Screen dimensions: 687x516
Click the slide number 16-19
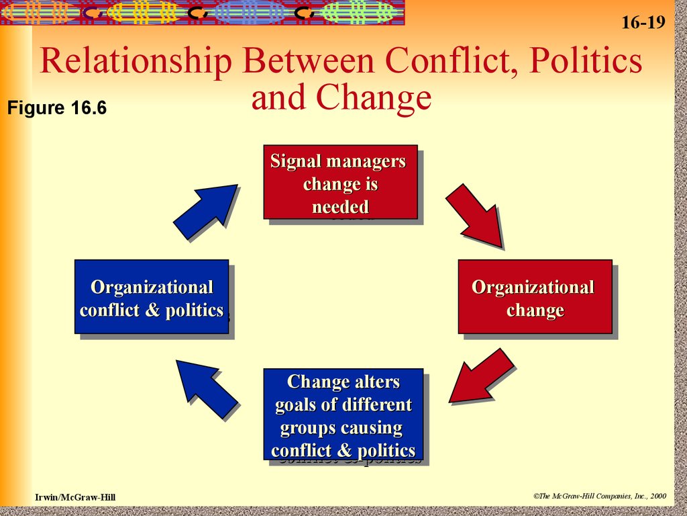click(643, 22)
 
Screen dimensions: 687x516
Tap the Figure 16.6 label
click(57, 108)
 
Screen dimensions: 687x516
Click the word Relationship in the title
click(136, 60)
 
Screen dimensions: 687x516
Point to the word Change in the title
click(374, 98)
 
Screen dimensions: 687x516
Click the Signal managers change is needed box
click(340, 182)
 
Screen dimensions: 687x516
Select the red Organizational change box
click(535, 296)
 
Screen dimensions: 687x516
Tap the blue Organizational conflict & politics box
click(152, 296)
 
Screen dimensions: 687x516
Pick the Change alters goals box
click(343, 414)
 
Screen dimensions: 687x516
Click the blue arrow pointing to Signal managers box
click(205, 212)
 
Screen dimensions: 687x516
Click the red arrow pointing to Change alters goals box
click(481, 376)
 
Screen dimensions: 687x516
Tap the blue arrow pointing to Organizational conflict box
click(207, 389)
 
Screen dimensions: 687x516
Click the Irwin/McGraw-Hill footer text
click(75, 497)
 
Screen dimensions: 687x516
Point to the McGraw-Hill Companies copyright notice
click(600, 496)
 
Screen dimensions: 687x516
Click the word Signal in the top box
click(295, 162)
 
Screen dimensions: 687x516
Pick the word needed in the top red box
click(340, 207)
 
